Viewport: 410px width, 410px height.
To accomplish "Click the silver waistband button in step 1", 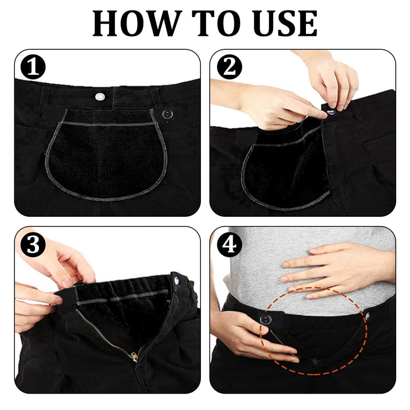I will tap(99, 95).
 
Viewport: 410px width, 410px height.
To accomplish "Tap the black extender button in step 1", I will tap(167, 114).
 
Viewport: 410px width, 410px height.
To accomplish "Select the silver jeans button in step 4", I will tap(367, 316).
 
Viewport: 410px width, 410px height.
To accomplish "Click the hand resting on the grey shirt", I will tap(333, 266).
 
